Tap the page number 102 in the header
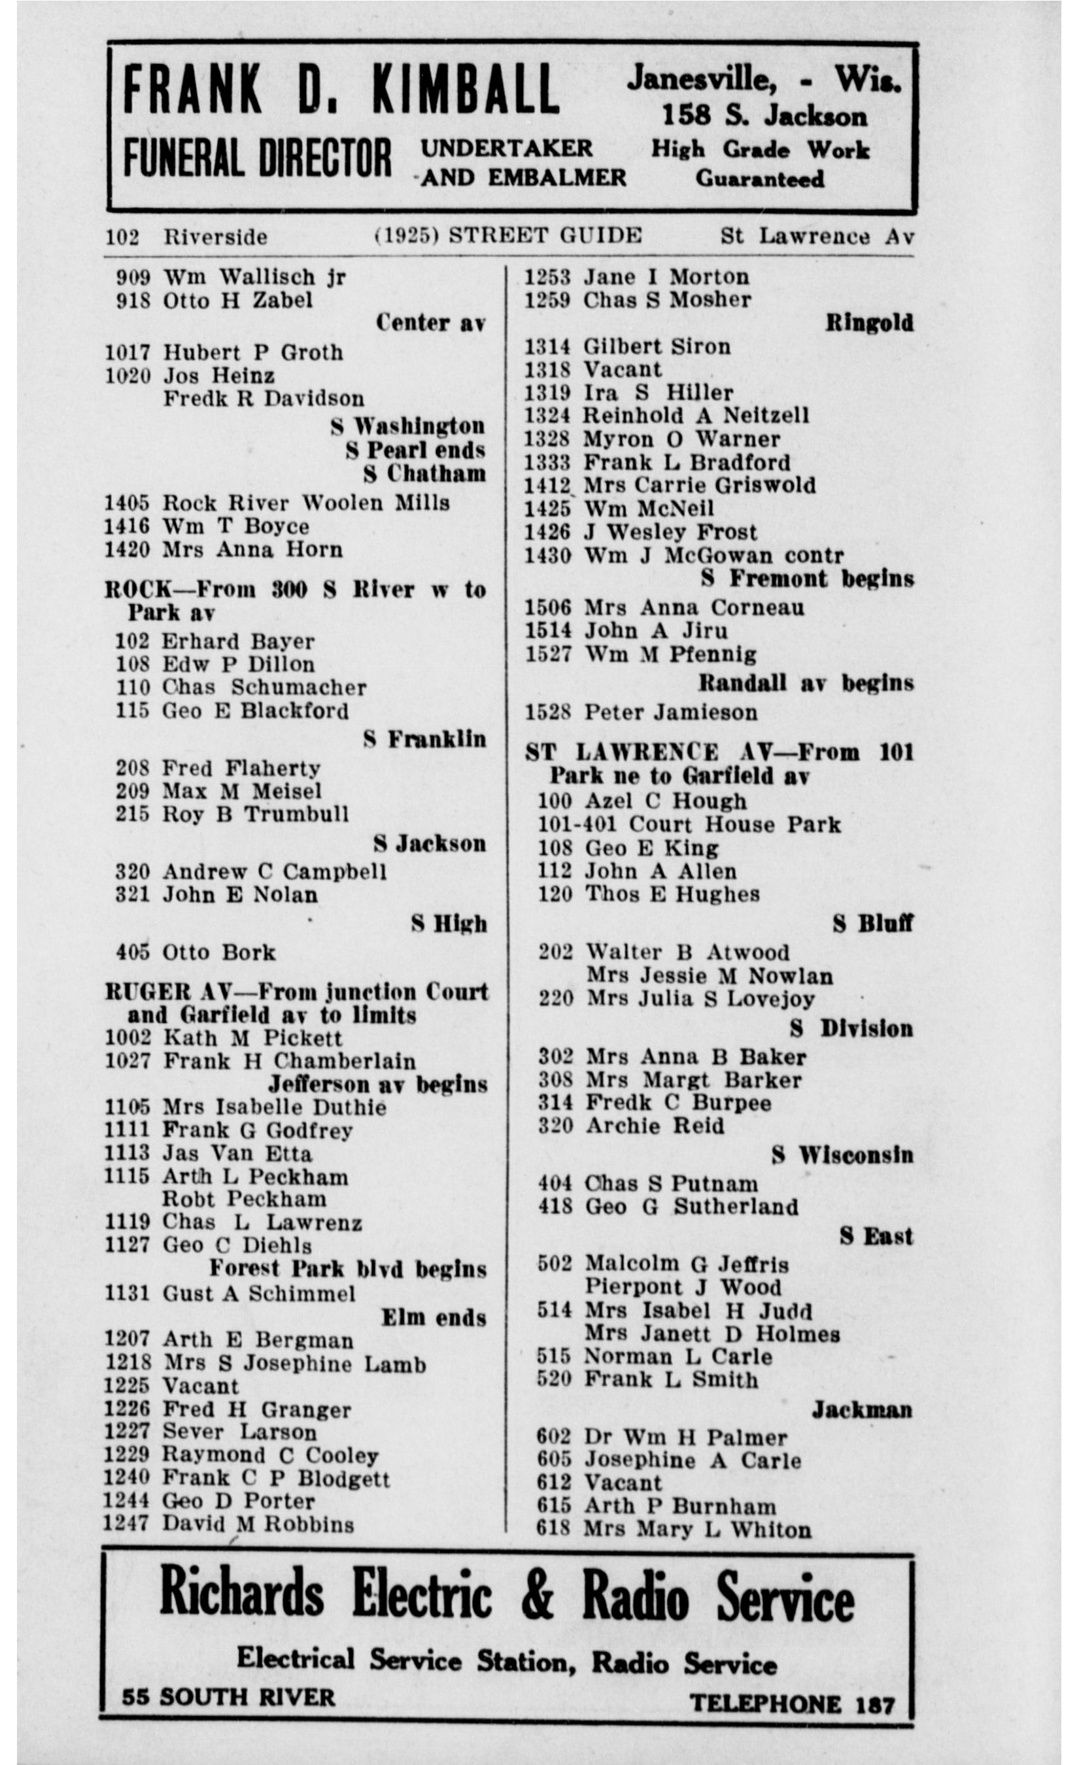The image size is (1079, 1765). pyautogui.click(x=122, y=237)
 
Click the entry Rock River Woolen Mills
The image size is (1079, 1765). pyautogui.click(x=306, y=503)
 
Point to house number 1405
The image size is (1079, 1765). pyautogui.click(x=127, y=503)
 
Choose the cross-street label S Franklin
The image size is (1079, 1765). pyautogui.click(x=424, y=739)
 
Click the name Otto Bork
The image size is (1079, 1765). pyautogui.click(x=218, y=952)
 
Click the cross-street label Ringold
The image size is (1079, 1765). pyautogui.click(x=869, y=323)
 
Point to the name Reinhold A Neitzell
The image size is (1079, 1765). pyautogui.click(x=696, y=416)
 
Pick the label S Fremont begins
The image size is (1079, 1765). pyautogui.click(x=807, y=579)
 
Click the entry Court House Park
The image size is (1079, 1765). pyautogui.click(x=734, y=824)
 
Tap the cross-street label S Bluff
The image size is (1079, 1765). pyautogui.click(x=872, y=924)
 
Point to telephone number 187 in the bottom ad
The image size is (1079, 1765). pyautogui.click(x=875, y=1705)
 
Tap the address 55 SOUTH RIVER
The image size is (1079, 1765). pyautogui.click(x=228, y=1696)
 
